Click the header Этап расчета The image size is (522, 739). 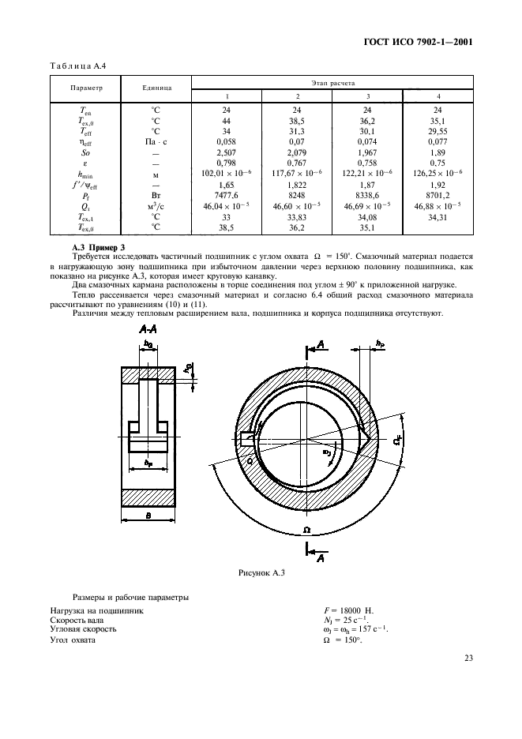332,81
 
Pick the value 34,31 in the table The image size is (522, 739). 438,216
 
